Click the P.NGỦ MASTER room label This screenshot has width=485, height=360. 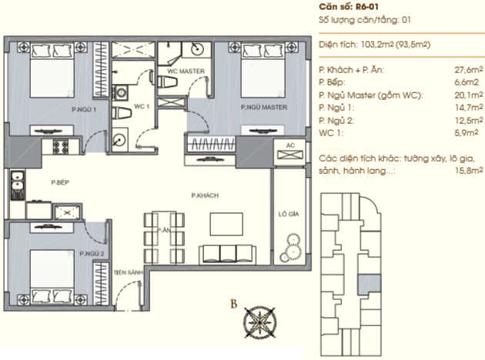[264, 107]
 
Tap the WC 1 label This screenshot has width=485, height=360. [142, 107]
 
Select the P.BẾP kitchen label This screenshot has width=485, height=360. [60, 182]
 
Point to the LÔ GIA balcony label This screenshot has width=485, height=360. [289, 214]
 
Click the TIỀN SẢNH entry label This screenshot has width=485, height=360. [128, 272]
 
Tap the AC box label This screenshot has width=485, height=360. [290, 145]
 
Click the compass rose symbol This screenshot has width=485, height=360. [259, 322]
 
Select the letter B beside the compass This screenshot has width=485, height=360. [234, 304]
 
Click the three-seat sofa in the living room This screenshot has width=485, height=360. [227, 255]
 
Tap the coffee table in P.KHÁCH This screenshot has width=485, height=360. [226, 224]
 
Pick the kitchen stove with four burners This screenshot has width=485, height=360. [60, 147]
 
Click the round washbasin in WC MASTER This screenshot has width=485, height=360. [197, 48]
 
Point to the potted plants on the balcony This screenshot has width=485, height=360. [291, 248]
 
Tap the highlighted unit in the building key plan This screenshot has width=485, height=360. [370, 284]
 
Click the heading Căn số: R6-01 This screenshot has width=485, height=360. [349, 7]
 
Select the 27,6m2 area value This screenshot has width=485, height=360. [469, 70]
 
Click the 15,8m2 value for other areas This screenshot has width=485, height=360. [469, 170]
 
